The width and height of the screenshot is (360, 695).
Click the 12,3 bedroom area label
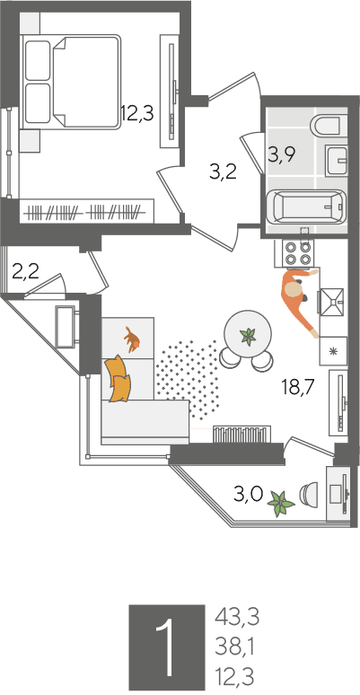[x=137, y=113]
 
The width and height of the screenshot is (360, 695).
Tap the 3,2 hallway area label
[x=224, y=172]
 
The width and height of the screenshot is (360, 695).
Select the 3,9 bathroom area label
[x=282, y=155]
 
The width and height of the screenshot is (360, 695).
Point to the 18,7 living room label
[x=298, y=387]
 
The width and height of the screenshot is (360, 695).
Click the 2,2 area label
[x=25, y=272]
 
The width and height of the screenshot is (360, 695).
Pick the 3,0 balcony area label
[x=249, y=493]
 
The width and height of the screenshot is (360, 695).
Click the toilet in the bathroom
[x=329, y=126]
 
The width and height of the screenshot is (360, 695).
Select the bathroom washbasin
[x=336, y=160]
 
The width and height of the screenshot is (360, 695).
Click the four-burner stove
[x=297, y=253]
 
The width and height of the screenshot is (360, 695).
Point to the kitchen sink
[x=331, y=302]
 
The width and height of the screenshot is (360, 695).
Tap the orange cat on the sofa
[x=132, y=339]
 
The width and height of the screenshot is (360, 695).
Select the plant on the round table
[x=248, y=336]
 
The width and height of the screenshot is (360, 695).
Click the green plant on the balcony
[x=281, y=504]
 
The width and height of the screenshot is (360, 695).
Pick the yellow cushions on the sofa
[x=118, y=379]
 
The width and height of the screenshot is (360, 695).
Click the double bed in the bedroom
[x=72, y=82]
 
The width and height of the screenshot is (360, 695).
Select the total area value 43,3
[x=237, y=617]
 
